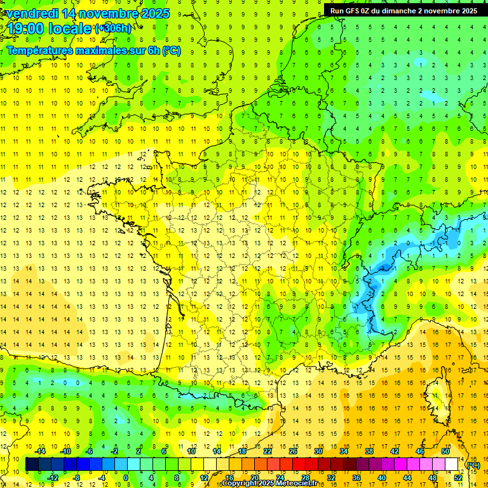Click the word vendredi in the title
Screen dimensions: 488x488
(x=36, y=13)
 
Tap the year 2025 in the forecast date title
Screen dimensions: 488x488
(x=153, y=13)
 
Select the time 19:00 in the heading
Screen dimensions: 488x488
(x=28, y=29)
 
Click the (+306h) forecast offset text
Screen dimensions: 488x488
(x=114, y=29)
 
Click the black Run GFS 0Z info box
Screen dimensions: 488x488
(x=403, y=10)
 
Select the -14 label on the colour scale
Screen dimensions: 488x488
(x=40, y=451)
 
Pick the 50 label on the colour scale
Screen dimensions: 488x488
(x=445, y=451)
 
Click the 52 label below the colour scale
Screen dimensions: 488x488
(x=457, y=478)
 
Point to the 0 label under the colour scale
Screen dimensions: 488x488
(x=126, y=478)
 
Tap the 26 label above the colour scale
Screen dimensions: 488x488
(x=293, y=451)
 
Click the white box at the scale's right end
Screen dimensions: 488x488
(x=451, y=464)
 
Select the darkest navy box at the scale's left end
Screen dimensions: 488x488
(x=31, y=464)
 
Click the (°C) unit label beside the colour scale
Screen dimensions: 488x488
(x=473, y=464)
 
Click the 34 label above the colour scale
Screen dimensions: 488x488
(x=344, y=451)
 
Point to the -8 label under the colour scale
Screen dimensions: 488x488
(x=76, y=478)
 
